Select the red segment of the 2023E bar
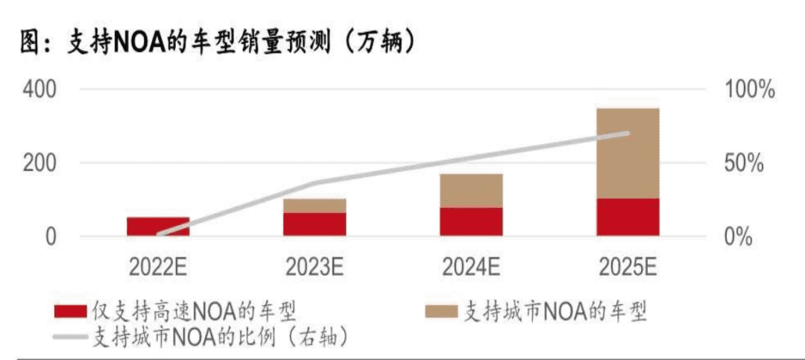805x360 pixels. tap(315, 224)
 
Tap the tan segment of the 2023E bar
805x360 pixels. tap(315, 206)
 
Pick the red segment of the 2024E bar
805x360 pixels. tap(471, 221)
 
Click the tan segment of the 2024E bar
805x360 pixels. tap(471, 191)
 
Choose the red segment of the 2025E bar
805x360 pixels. tap(628, 217)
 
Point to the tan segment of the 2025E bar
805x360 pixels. tap(628, 153)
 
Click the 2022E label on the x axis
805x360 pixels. tap(158, 266)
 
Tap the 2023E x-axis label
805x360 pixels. tap(315, 266)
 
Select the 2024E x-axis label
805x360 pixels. tap(471, 266)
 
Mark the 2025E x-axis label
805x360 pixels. tap(628, 266)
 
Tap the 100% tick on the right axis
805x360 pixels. tap(750, 89)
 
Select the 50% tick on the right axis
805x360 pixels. tap(743, 163)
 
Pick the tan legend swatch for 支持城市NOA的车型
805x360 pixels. tap(441, 311)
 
